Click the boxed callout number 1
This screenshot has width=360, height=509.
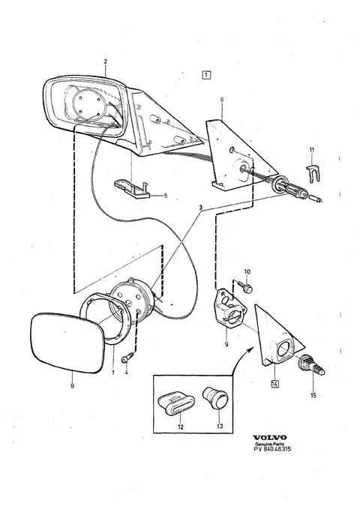click(x=206, y=75)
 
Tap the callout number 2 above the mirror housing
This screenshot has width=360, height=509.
click(x=106, y=61)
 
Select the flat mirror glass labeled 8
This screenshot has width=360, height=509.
click(x=67, y=343)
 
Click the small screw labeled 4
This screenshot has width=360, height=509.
click(x=126, y=359)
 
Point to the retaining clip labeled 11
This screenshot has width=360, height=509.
click(x=311, y=175)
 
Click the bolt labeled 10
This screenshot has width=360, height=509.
click(x=247, y=287)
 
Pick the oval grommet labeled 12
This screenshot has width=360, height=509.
click(x=176, y=404)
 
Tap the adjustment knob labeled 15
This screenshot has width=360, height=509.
click(x=311, y=365)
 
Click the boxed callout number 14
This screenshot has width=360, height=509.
click(x=274, y=384)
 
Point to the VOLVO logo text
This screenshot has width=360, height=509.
click(x=270, y=438)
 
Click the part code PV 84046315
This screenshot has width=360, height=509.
click(x=272, y=449)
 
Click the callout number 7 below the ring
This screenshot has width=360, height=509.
click(x=113, y=373)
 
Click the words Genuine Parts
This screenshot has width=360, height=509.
click(x=269, y=444)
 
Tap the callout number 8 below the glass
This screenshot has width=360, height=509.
click(x=72, y=385)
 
